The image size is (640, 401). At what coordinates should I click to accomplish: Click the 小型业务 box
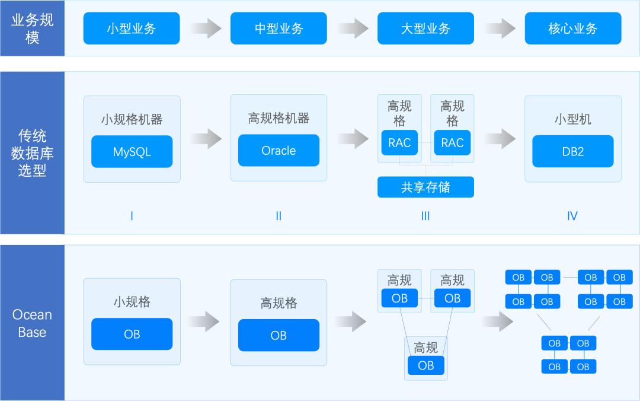132,28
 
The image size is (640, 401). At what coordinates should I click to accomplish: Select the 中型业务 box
279,28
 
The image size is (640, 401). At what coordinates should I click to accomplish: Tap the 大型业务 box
425,28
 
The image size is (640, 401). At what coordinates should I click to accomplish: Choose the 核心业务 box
572,28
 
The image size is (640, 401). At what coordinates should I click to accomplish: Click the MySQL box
132,152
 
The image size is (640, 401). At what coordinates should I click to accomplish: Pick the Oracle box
279,151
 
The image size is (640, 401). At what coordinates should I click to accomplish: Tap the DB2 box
572,152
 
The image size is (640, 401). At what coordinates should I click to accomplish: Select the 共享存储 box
425,187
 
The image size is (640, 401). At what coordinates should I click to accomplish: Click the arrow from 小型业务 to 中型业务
205,28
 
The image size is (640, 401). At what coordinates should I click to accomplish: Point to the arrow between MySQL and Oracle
205,139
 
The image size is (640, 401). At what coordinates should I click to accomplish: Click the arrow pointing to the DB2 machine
499,139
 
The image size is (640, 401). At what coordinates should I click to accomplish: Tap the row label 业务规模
32,28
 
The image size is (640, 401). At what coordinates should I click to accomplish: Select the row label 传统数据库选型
32,153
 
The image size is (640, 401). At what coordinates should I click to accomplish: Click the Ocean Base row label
32,323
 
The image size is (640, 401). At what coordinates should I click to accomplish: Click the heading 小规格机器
132,119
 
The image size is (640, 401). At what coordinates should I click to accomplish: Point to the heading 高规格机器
279,118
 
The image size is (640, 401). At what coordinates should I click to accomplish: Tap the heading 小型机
572,119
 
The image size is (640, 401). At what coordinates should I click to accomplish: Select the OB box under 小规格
132,335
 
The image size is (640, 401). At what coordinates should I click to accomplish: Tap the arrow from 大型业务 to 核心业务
499,28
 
